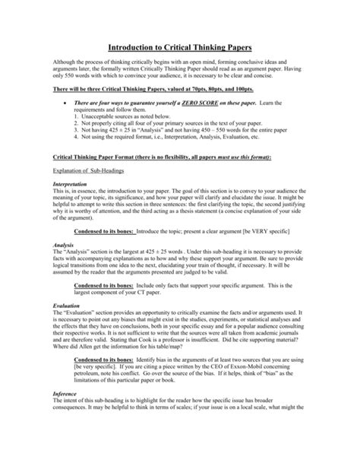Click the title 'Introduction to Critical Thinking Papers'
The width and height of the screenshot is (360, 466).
point(179,47)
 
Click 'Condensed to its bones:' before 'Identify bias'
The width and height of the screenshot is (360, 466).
point(104,401)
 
